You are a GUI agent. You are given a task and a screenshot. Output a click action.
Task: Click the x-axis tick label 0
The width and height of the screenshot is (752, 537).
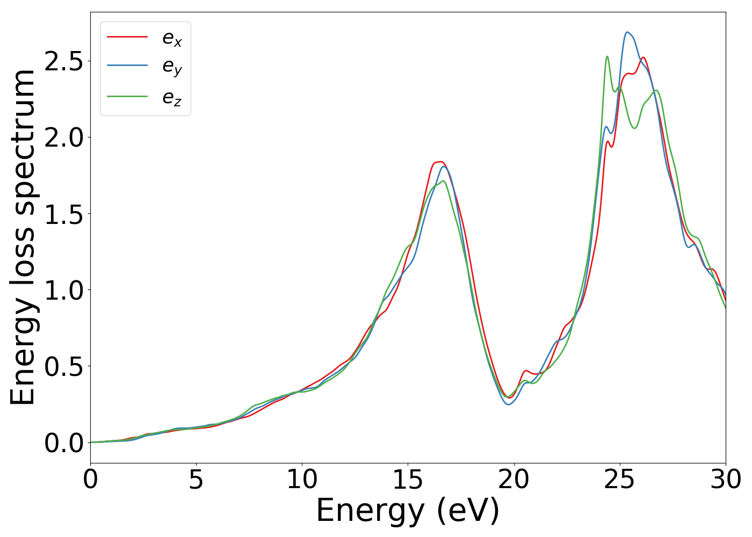pyautogui.click(x=90, y=480)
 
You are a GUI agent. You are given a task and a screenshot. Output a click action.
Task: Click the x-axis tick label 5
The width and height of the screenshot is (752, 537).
pyautogui.click(x=196, y=480)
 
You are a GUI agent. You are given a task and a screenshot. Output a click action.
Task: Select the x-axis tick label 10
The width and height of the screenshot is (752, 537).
pyautogui.click(x=302, y=480)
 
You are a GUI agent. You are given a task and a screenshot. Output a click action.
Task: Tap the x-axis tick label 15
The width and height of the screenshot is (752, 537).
pyautogui.click(x=408, y=480)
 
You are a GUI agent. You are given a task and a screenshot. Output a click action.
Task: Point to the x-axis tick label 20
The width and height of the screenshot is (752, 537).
pyautogui.click(x=514, y=480)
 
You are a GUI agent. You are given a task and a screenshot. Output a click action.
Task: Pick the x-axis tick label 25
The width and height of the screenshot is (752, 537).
pyautogui.click(x=620, y=480)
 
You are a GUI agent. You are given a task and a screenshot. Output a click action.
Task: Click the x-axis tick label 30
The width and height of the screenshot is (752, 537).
pyautogui.click(x=726, y=480)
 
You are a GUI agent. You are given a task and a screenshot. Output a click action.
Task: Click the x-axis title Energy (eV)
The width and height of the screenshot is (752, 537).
pyautogui.click(x=408, y=511)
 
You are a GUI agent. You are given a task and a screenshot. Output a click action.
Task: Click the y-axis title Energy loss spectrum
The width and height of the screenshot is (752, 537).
pyautogui.click(x=23, y=237)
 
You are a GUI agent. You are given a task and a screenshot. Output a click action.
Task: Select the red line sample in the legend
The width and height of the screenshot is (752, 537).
pyautogui.click(x=127, y=37)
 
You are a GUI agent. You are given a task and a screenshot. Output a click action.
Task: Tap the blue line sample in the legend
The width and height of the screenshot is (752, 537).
pyautogui.click(x=127, y=66)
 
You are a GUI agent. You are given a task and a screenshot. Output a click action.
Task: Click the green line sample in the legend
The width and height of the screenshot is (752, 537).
pyautogui.click(x=127, y=96)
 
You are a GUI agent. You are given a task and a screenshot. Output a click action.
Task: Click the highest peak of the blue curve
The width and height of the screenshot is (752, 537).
pyautogui.click(x=627, y=32)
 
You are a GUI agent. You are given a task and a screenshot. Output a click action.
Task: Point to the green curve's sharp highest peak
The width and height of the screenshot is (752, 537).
pyautogui.click(x=607, y=56)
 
